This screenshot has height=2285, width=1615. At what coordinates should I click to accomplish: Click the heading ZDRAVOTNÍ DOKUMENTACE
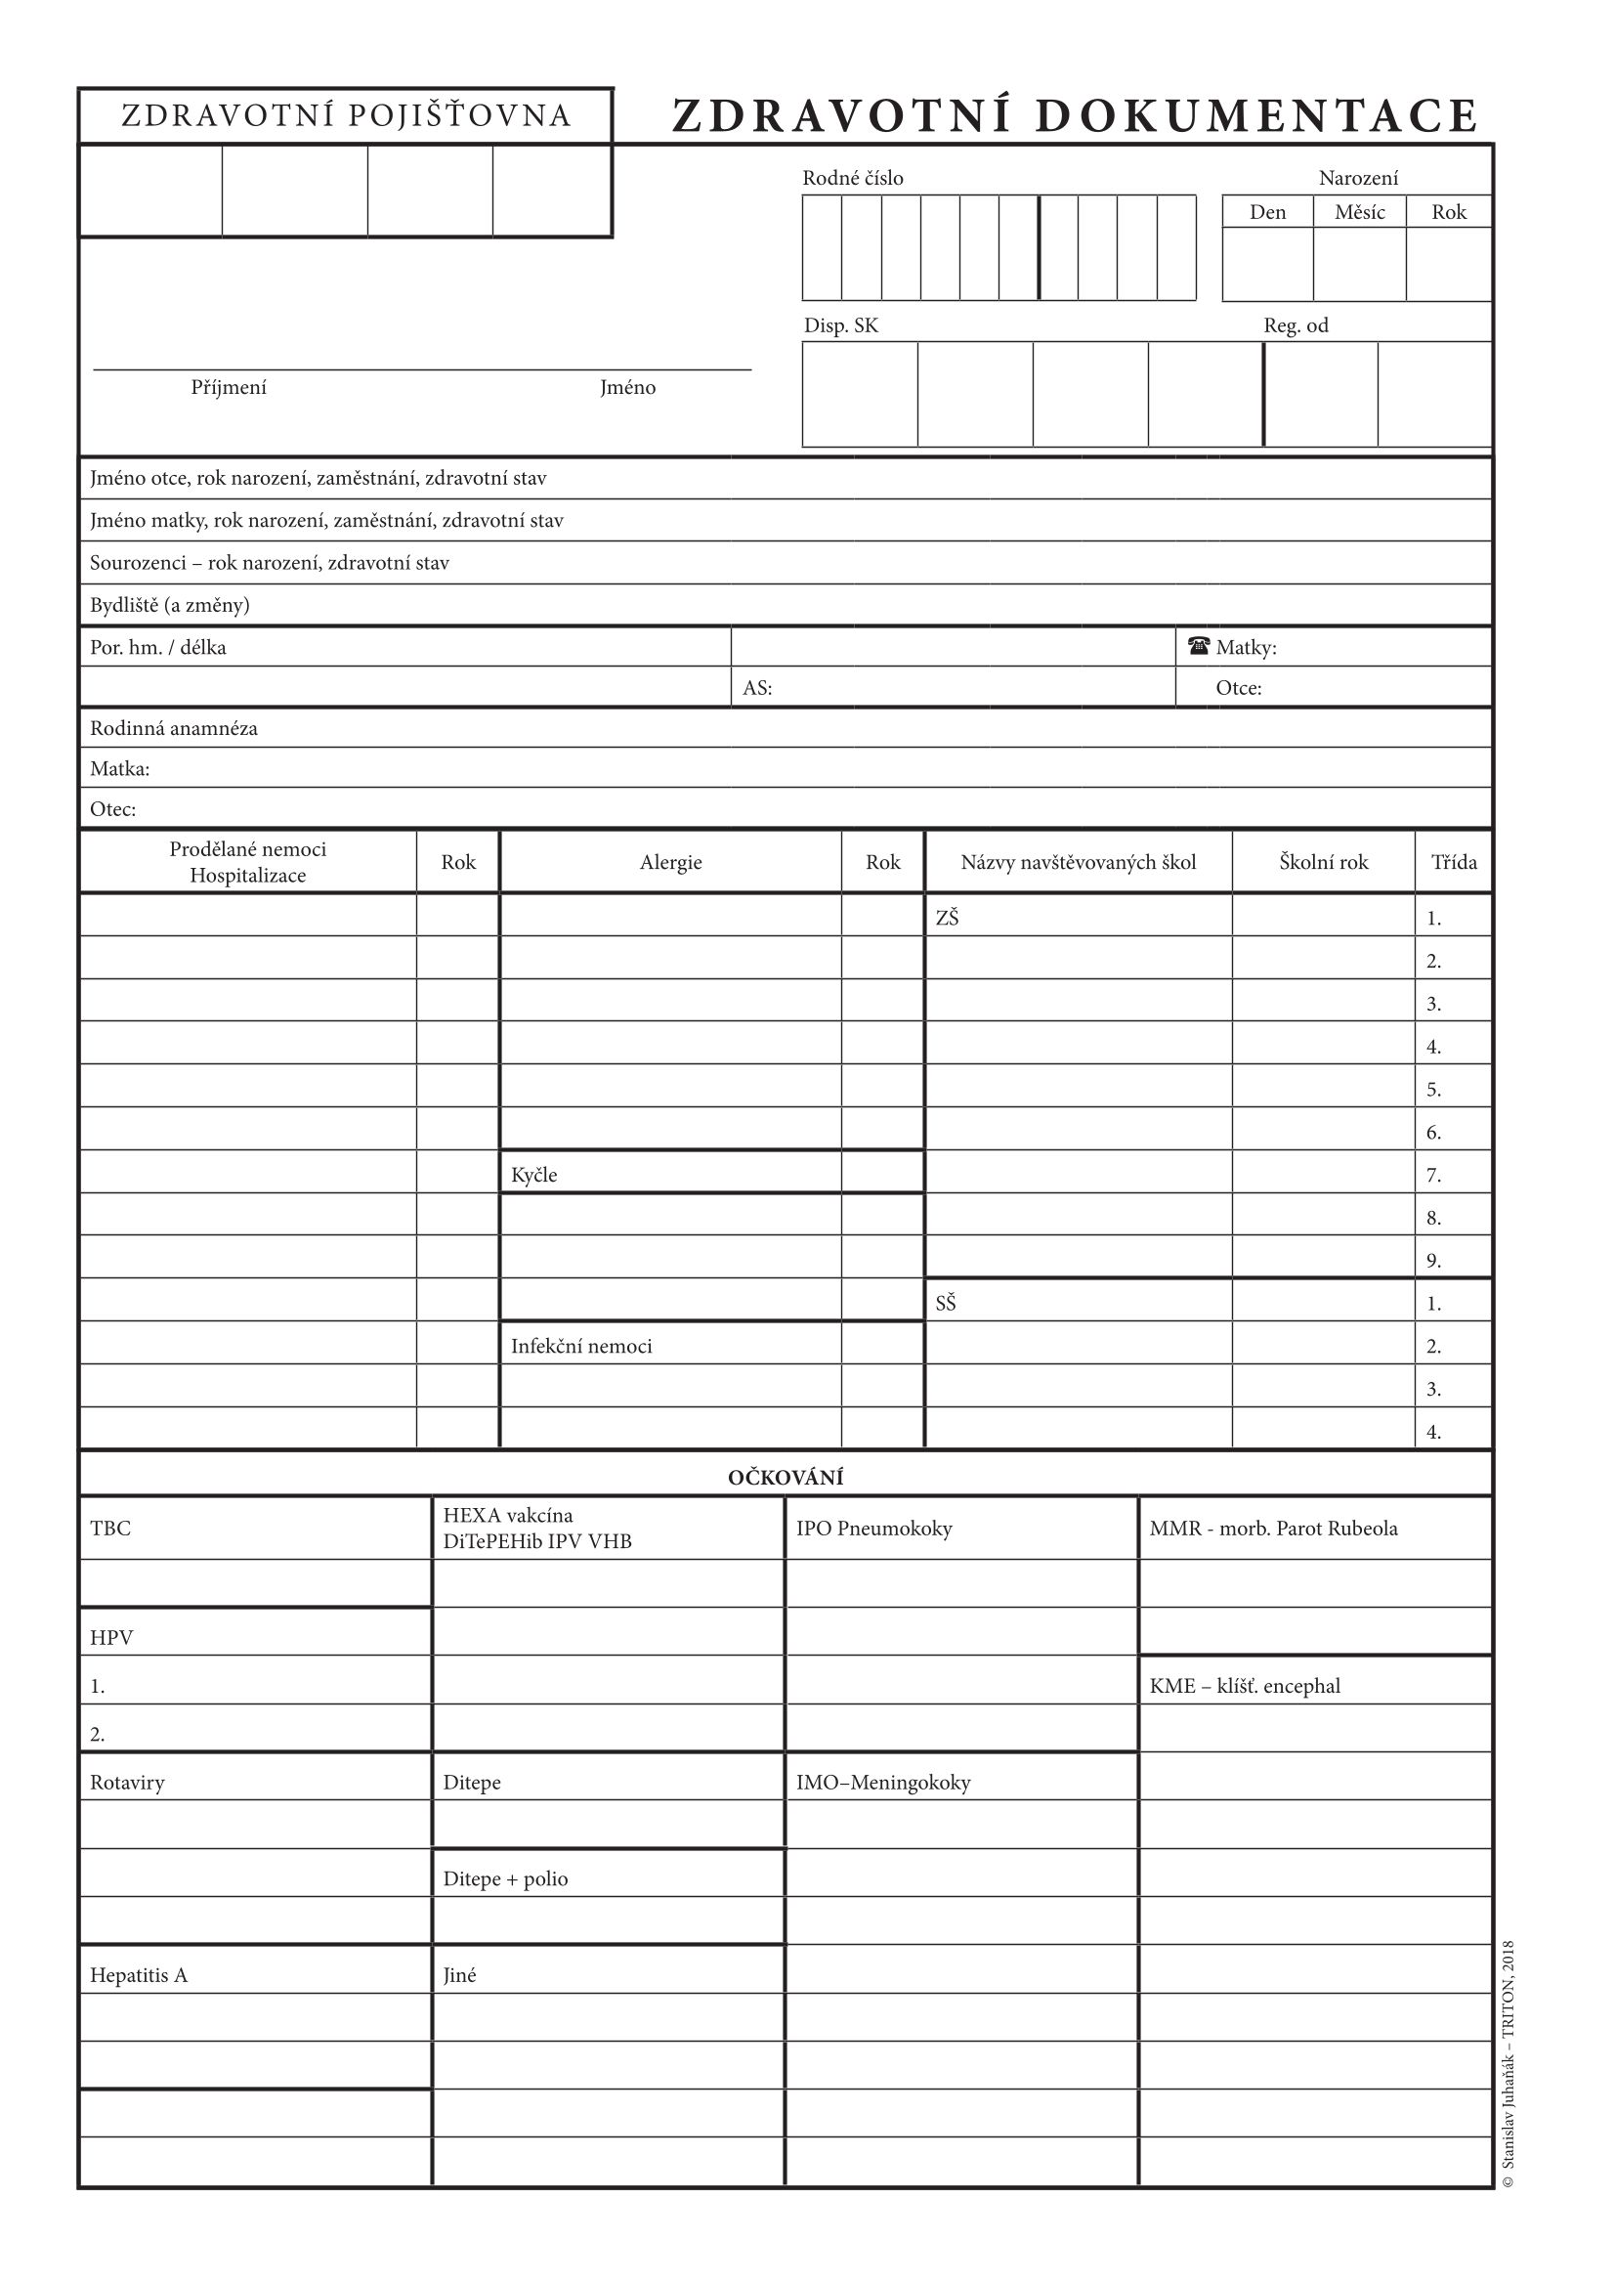click(x=1075, y=115)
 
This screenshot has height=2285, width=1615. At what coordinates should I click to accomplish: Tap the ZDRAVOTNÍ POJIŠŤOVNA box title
click(x=345, y=116)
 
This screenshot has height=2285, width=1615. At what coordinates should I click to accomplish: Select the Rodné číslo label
click(x=853, y=178)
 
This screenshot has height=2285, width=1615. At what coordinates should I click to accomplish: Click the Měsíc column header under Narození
click(x=1359, y=212)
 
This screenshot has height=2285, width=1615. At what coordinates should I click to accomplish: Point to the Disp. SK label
click(x=841, y=325)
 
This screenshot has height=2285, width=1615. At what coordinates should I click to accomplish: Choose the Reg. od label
click(x=1296, y=325)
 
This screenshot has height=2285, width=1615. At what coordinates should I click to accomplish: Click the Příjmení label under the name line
click(x=229, y=387)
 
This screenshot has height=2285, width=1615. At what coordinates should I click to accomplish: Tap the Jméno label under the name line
click(x=628, y=387)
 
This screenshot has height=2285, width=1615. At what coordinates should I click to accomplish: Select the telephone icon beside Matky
click(x=1198, y=647)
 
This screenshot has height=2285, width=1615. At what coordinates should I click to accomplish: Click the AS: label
click(x=757, y=688)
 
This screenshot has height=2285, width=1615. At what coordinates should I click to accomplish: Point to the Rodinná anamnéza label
click(x=173, y=728)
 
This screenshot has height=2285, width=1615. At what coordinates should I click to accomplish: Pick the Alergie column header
click(x=670, y=862)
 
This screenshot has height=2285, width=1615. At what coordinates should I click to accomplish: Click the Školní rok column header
click(x=1324, y=862)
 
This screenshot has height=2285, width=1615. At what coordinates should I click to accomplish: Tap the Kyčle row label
click(x=534, y=1175)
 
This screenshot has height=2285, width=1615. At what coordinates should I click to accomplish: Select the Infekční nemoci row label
click(x=581, y=1346)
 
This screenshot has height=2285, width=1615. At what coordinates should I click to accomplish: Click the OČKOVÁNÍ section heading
click(x=786, y=1477)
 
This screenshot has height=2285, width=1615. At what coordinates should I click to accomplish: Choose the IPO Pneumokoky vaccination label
click(x=873, y=1528)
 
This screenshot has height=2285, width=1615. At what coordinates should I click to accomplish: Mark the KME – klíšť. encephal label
click(x=1245, y=1685)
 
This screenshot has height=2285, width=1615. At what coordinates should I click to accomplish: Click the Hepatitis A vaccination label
click(x=139, y=1974)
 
